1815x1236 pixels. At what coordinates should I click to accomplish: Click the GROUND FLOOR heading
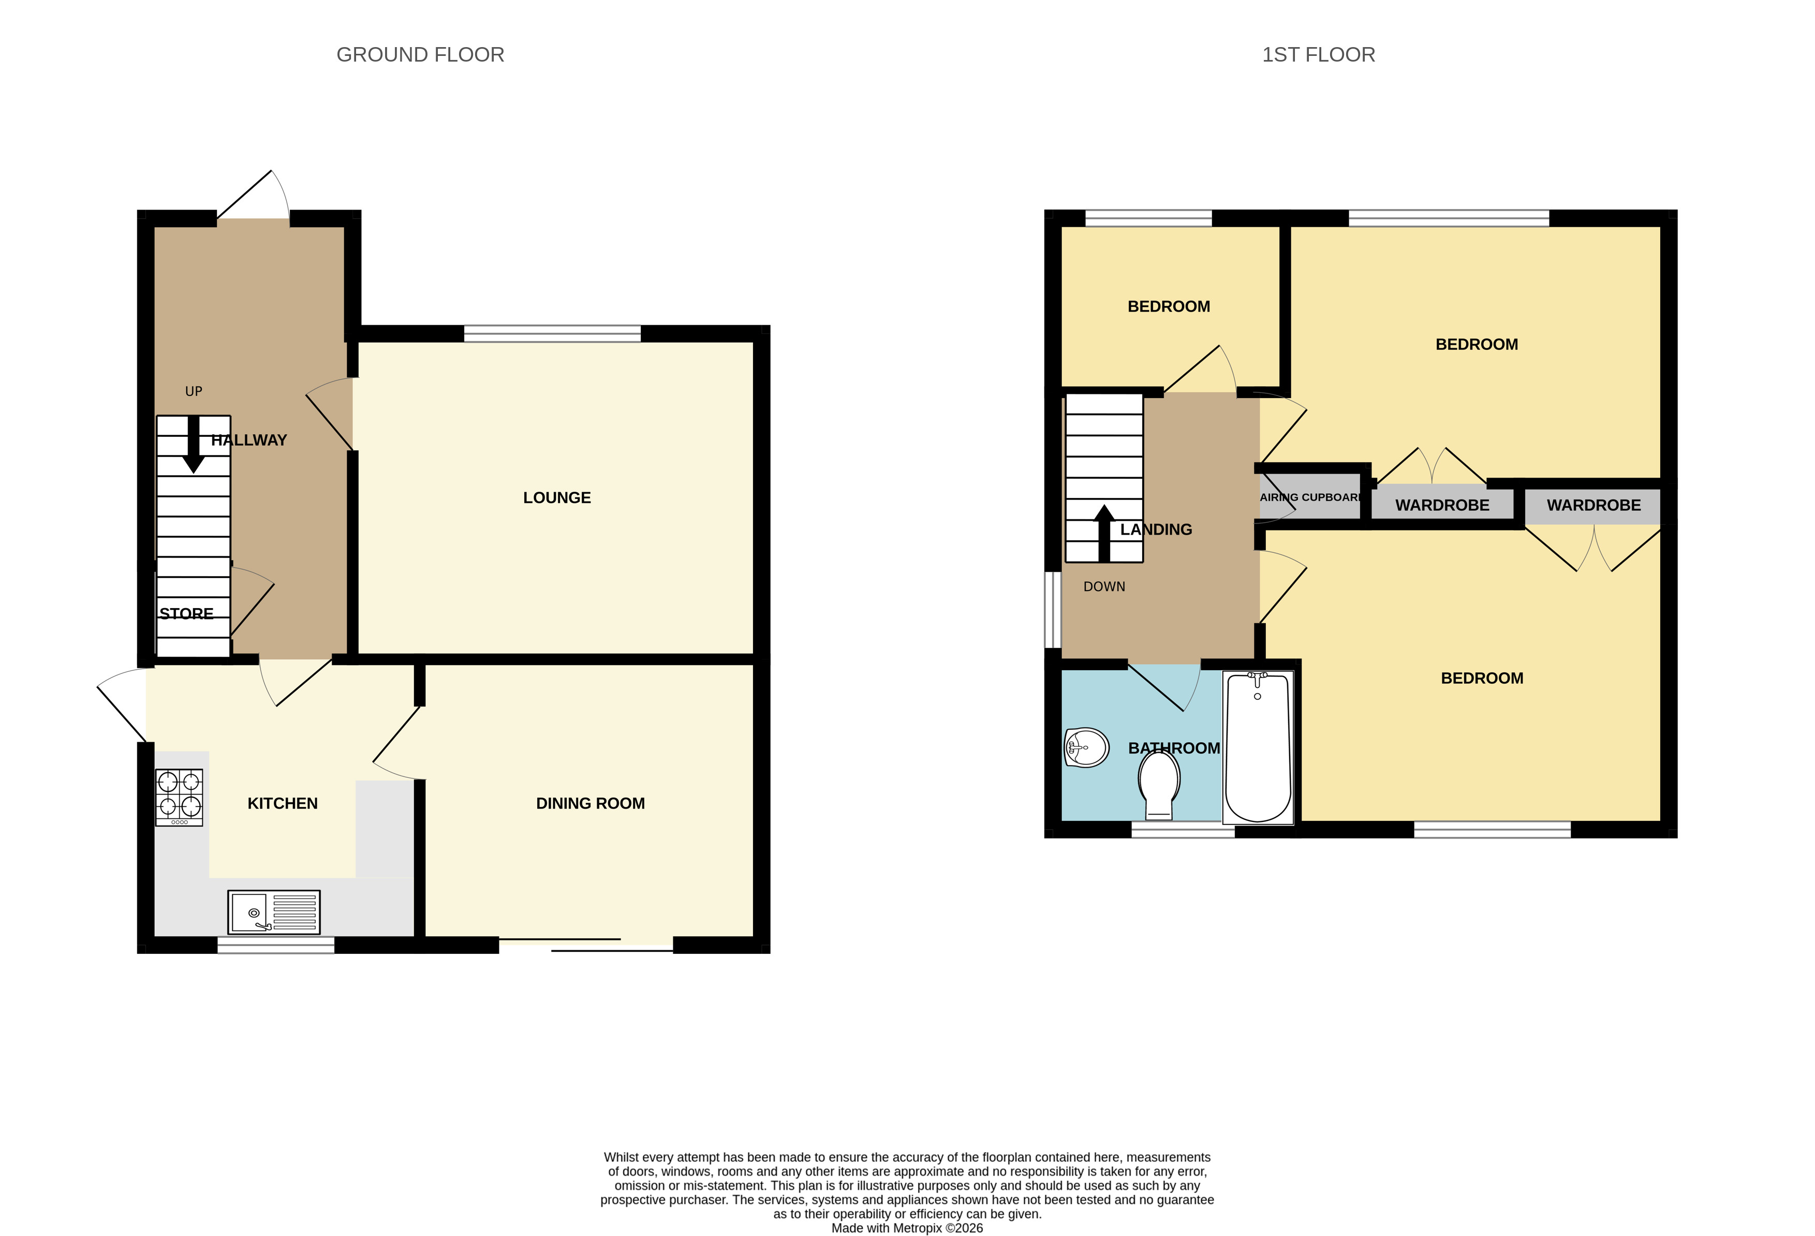(420, 55)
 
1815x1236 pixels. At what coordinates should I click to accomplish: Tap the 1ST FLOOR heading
(1318, 55)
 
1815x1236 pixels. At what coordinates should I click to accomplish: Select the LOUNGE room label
(557, 498)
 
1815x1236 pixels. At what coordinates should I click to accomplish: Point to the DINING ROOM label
(591, 803)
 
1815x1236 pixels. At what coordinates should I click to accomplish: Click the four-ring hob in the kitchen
(180, 797)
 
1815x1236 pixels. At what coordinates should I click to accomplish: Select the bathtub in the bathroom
(1258, 747)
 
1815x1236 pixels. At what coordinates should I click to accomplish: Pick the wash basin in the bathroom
(1086, 748)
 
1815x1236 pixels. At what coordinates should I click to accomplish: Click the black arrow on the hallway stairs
(193, 444)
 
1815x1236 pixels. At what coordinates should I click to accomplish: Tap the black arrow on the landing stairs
(1103, 534)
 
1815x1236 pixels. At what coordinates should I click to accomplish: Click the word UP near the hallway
(194, 391)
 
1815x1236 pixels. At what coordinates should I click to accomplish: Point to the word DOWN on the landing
(1104, 587)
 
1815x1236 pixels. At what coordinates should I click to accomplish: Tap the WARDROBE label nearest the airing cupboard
(1442, 506)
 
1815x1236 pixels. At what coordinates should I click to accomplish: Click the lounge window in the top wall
(552, 334)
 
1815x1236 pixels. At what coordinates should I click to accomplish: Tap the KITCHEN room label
(283, 803)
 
